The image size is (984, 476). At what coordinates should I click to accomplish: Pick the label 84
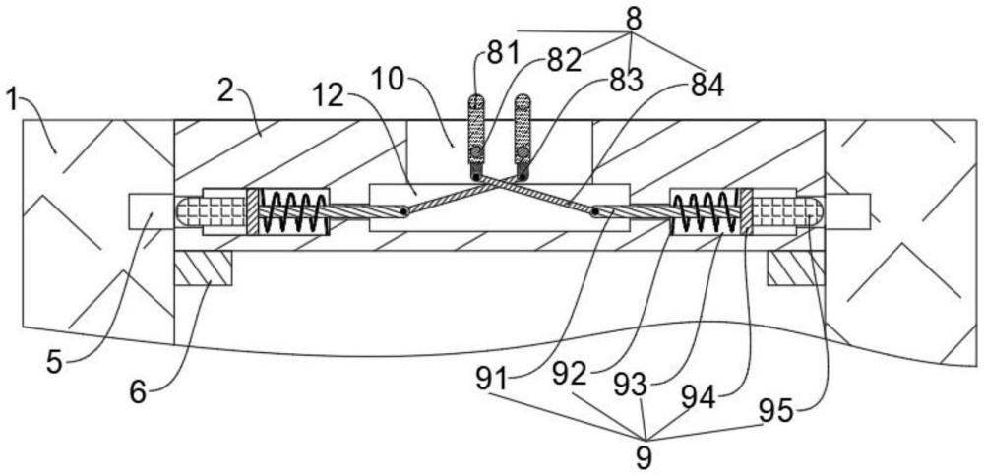(707, 87)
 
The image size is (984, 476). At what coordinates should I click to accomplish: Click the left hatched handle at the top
(477, 128)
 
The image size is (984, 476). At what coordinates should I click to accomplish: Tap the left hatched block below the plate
(203, 268)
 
